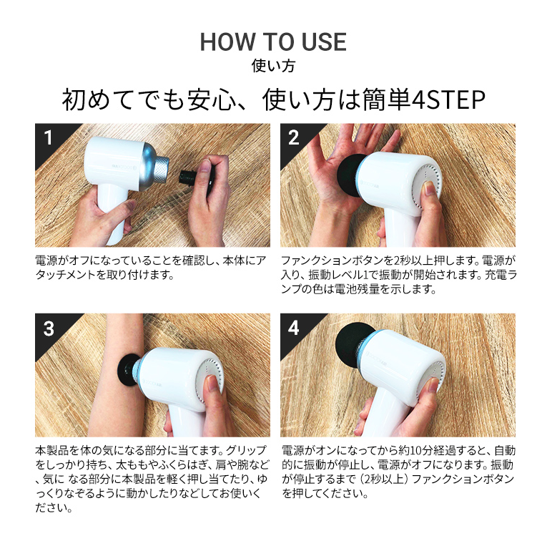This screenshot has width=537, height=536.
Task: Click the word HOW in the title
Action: click(228, 42)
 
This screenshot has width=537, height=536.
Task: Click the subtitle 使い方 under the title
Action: click(273, 66)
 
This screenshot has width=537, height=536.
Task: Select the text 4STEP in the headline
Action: click(448, 99)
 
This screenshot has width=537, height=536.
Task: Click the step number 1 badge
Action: click(49, 138)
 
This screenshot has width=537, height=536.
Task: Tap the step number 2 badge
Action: click(293, 138)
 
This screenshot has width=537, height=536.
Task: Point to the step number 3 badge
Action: click(49, 328)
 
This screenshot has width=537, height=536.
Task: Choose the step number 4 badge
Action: click(293, 328)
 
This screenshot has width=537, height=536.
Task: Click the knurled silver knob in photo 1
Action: click(160, 170)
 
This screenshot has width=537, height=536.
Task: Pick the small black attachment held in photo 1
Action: click(188, 177)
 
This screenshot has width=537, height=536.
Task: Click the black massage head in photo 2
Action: click(350, 175)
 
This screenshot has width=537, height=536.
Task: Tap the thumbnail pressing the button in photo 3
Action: click(212, 383)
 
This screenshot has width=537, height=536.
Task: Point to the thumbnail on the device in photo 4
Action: click(432, 385)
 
